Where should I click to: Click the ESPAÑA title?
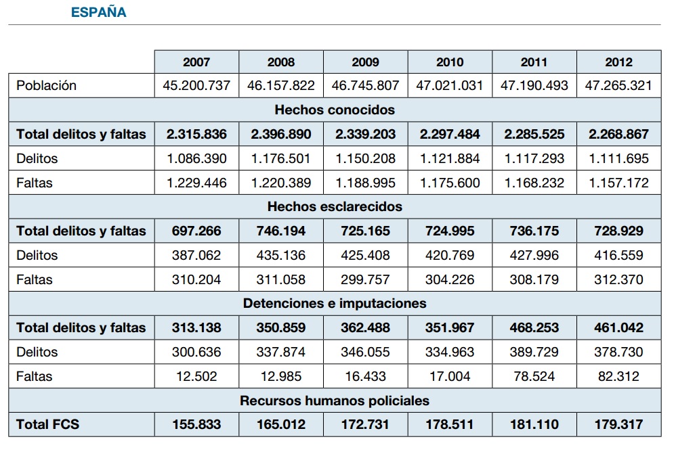pos(98,12)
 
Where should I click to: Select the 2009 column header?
pos(365,62)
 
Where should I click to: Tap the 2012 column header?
pos(618,62)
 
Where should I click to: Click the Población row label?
pos(47,85)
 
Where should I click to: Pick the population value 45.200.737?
pos(196,85)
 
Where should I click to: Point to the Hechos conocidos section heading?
pos(335,110)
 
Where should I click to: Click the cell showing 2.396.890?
pos(281,134)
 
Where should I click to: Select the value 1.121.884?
pos(450,158)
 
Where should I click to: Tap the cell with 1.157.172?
pos(618,183)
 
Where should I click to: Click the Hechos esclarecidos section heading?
pos(335,206)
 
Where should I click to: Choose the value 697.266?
pos(196,231)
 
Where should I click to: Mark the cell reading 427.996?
pos(534,256)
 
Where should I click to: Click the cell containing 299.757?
pos(365,279)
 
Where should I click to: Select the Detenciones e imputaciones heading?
pos(335,304)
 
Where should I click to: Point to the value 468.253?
pos(534,328)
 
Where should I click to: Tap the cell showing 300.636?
pos(196,352)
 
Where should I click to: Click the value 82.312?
pos(618,377)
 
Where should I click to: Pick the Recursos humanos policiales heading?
pos(335,401)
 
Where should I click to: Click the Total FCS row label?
pos(47,425)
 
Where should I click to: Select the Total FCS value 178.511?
pos(450,425)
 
